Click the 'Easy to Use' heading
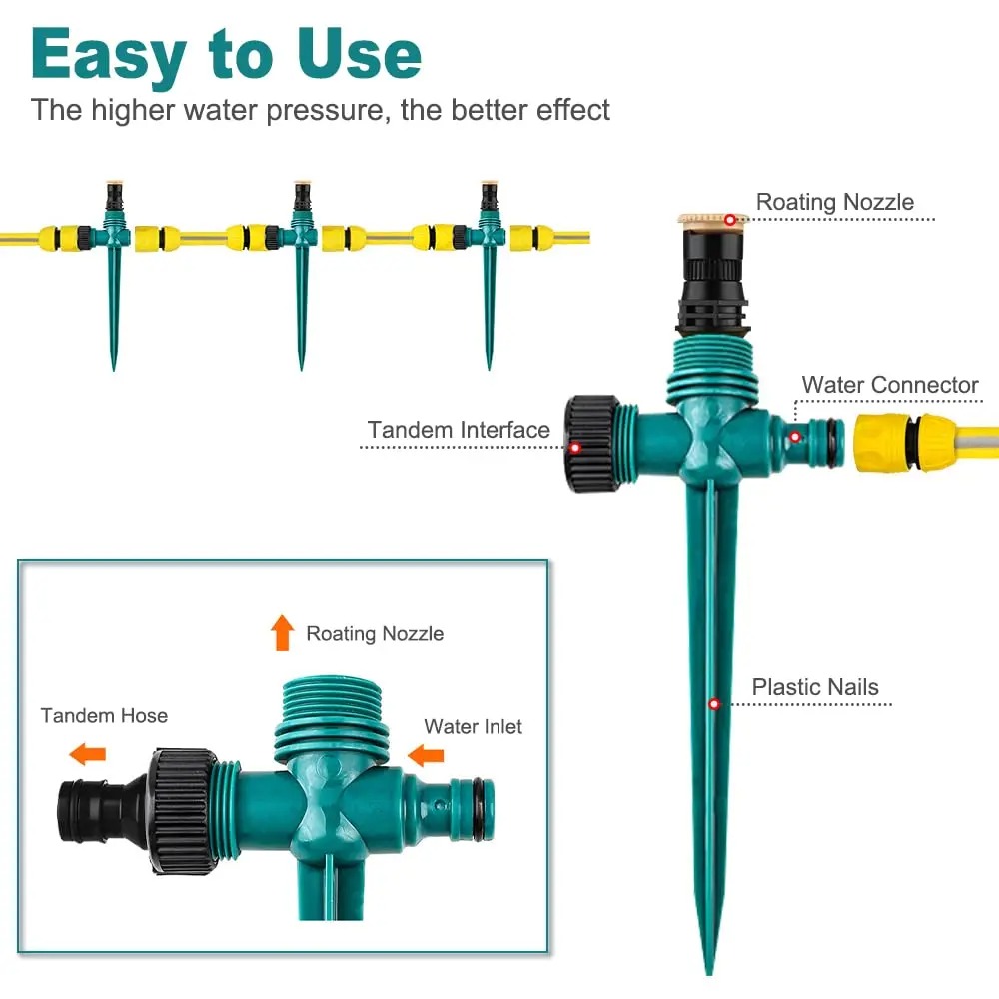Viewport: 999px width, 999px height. tap(226, 55)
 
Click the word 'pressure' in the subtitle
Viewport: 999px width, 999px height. tap(325, 109)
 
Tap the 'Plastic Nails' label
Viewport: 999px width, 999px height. tap(815, 687)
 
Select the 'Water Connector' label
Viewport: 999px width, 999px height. tap(890, 385)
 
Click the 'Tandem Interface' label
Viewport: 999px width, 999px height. tap(459, 430)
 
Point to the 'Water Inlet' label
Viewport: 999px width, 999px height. tap(473, 727)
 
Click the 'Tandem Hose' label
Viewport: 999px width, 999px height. tap(104, 715)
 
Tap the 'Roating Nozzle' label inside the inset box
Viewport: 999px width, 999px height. tap(375, 633)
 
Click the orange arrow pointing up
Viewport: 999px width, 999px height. tap(283, 632)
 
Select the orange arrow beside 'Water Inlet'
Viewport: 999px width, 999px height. tap(427, 754)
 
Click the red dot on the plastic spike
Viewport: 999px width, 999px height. tap(714, 704)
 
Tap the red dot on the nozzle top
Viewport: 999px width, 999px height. tap(730, 219)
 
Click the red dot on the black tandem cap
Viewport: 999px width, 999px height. tap(575, 447)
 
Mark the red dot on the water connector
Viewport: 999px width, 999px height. tap(795, 437)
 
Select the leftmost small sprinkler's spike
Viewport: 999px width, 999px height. tap(113, 310)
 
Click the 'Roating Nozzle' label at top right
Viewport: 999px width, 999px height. tap(834, 202)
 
